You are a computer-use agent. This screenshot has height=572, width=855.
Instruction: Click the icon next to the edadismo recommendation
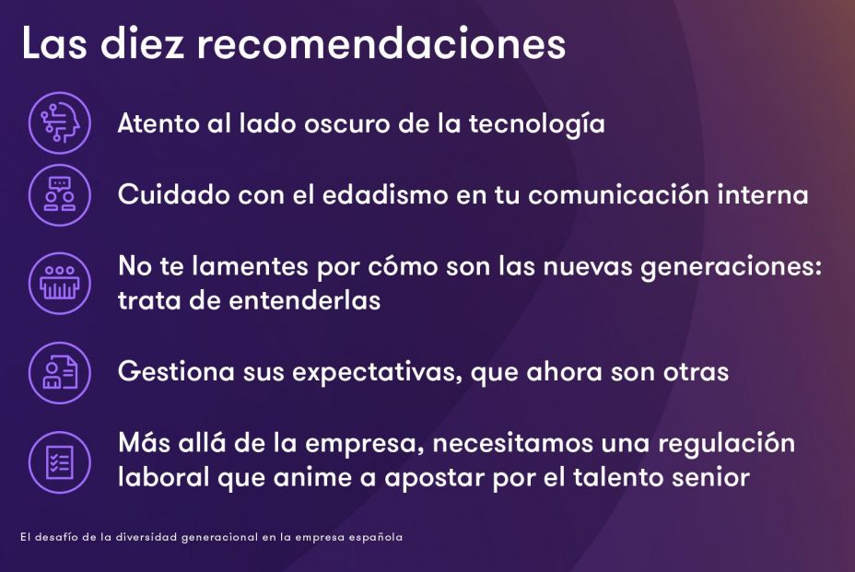60,195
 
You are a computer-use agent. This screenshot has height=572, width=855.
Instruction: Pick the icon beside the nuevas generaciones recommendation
60,283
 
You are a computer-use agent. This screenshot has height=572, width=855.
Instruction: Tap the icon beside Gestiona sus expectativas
60,372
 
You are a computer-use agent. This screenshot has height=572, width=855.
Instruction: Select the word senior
709,478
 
